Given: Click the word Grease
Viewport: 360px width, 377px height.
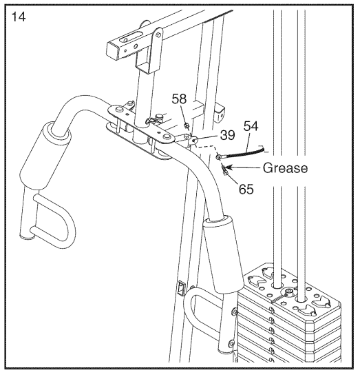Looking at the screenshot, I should pos(284,167).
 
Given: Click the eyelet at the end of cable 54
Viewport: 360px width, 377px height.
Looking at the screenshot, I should pos(218,159).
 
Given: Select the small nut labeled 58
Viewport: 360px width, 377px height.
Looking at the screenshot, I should pos(187,125).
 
